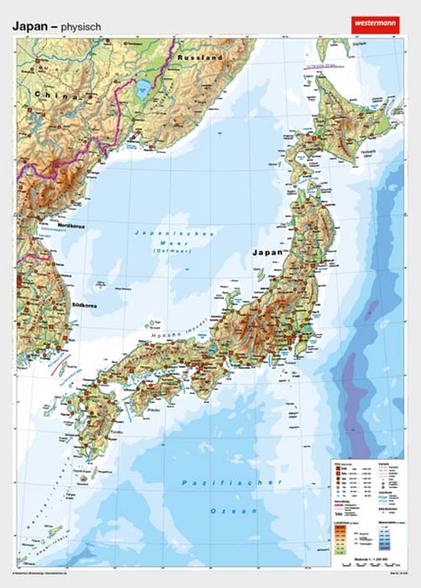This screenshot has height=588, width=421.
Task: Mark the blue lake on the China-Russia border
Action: pyautogui.click(x=145, y=89)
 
